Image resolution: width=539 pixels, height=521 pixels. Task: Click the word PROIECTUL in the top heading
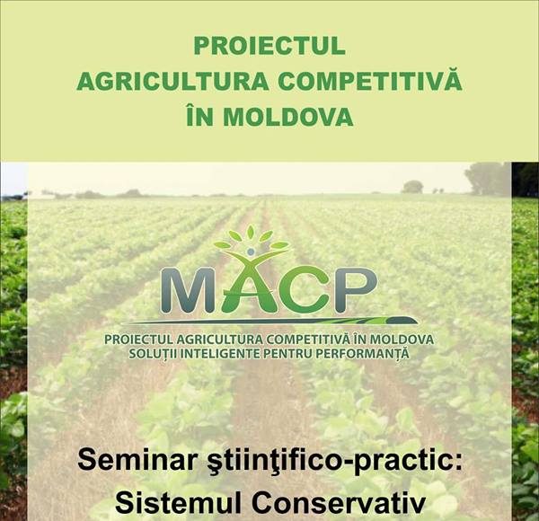coord(269,46)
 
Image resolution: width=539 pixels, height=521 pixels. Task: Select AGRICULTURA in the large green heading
coord(172,82)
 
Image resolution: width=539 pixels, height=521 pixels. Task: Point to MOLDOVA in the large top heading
coord(288,117)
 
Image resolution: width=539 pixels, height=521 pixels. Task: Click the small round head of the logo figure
coord(251,252)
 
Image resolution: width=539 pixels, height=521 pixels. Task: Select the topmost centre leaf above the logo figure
coord(251,233)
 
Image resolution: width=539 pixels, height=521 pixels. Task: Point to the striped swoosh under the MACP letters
coord(269,321)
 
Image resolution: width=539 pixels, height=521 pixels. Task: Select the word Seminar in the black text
coord(128,461)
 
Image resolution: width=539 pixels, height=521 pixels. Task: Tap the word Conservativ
coord(339,503)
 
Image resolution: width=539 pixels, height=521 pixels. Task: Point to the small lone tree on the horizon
coord(412,187)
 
